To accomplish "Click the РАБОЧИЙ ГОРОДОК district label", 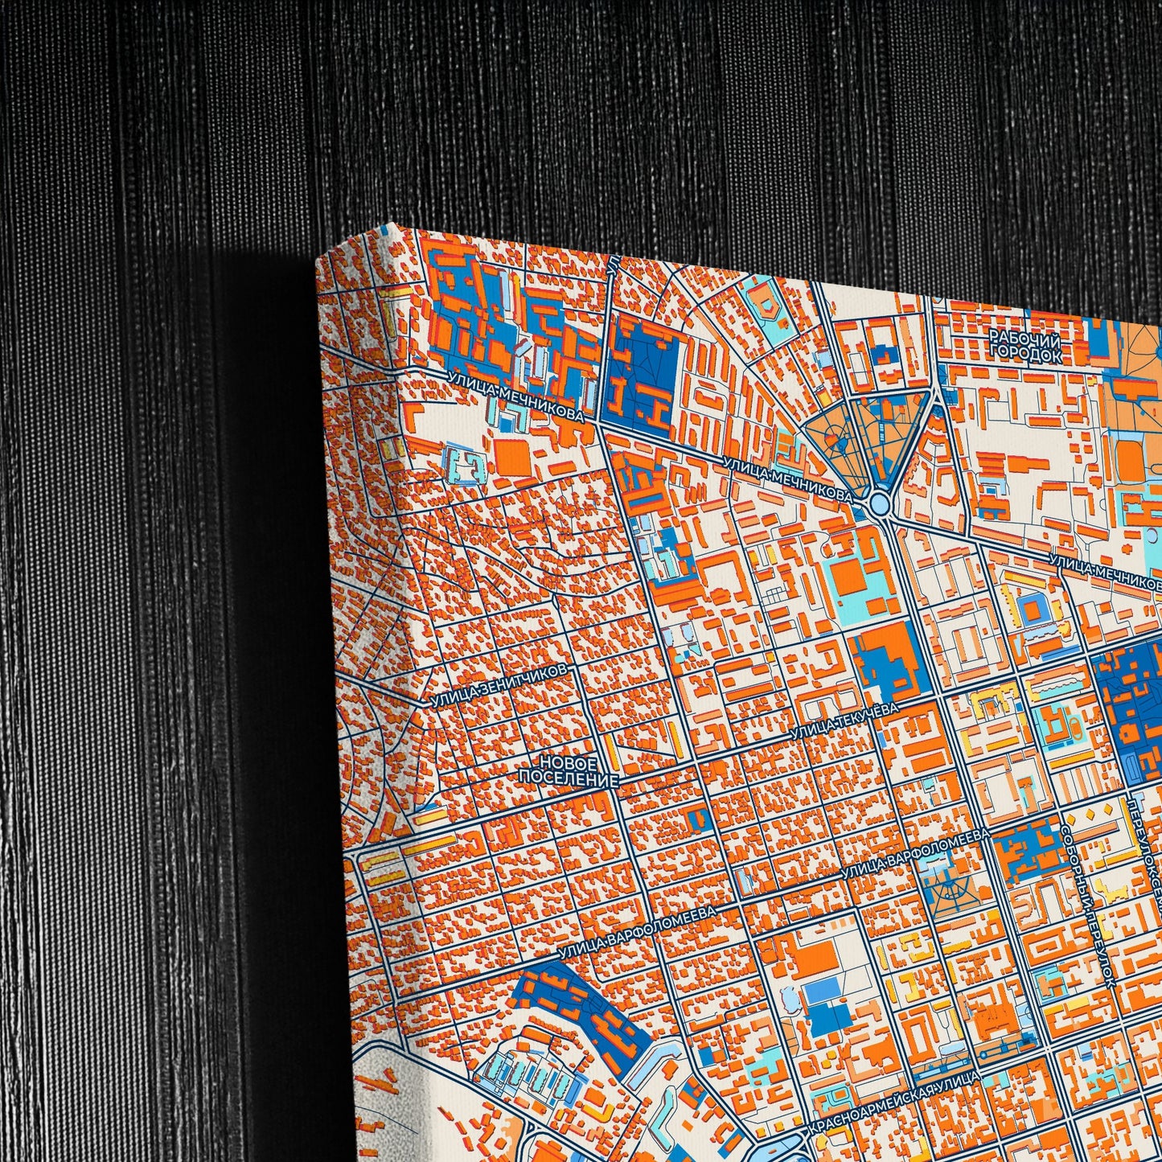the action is coord(1025,344).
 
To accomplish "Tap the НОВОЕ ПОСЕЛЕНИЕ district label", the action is coord(569,770).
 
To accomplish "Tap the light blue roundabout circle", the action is coord(878,504).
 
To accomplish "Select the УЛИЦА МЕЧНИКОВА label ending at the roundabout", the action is coord(786,479).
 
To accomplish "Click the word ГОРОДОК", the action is coord(1025,353).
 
